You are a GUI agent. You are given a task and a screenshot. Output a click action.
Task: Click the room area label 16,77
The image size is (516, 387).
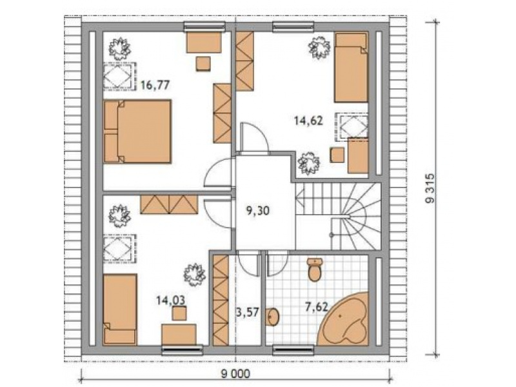coord(155,85)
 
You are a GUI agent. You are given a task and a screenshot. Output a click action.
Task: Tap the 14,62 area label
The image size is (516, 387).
coord(308,121)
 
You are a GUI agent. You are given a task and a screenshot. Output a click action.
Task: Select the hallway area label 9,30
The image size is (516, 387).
coord(258,210)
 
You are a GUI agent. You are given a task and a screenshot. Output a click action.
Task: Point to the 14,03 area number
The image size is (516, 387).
coord(170,300)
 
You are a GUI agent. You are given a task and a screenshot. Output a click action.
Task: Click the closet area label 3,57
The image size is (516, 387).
coord(248,312)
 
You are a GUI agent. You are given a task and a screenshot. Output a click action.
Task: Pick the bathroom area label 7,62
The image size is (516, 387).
coord(316,307)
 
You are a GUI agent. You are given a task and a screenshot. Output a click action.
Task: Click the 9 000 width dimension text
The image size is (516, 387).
coord(235,374)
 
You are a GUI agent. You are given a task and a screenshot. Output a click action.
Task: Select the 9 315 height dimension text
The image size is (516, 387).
coord(430,188)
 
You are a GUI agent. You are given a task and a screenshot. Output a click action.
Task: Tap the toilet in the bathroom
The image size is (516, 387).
coord(315,270)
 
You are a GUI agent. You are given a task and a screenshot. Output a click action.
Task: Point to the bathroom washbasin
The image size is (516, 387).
coord(273,317)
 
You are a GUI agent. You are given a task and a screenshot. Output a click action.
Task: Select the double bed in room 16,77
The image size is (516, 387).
coord(137,132)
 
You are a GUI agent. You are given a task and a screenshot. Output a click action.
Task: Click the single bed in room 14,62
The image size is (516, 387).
coord(351,67)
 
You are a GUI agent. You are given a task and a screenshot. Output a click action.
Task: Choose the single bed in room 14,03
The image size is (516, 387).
coord(120,310)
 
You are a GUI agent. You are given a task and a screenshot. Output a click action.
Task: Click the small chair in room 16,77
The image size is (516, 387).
coord(203,64)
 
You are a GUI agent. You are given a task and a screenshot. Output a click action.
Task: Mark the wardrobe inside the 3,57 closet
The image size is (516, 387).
coord(221,300)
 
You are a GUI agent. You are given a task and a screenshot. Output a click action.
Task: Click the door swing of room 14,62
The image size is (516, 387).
coord(254,138)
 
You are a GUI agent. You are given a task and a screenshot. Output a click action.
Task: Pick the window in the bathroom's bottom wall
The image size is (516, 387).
coord(293,350)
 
